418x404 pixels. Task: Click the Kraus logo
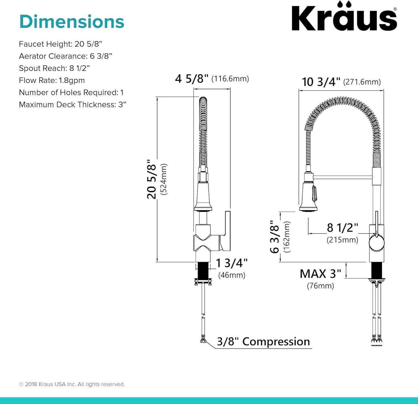344,17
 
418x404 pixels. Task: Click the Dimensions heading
71,22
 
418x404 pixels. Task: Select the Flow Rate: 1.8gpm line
52,80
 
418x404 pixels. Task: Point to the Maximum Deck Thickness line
72,105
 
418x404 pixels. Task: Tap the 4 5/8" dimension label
191,79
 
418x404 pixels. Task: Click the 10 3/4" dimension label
321,82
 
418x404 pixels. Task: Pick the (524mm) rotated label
164,179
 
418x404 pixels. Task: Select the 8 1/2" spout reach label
342,228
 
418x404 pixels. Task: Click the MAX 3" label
320,274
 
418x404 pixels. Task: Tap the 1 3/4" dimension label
232,263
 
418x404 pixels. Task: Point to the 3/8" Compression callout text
263,342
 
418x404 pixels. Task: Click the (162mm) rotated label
287,237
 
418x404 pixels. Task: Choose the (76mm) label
320,286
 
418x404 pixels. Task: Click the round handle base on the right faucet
377,243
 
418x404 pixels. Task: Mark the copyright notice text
72,384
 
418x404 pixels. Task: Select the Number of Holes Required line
71,92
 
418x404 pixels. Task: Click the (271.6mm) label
362,82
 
